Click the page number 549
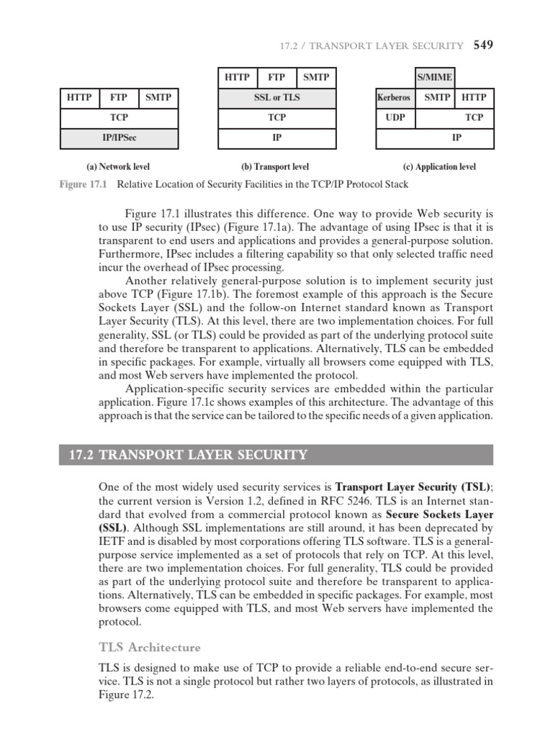(483, 45)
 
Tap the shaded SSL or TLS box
(276, 97)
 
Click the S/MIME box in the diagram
(435, 77)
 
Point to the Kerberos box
(393, 97)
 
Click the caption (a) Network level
(118, 167)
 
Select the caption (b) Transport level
(276, 167)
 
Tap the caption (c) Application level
(439, 167)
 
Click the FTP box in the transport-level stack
(276, 77)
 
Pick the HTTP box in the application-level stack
(474, 97)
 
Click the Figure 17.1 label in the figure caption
(82, 185)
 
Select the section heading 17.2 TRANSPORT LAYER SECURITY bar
(276, 455)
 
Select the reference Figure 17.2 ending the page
(80, 695)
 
